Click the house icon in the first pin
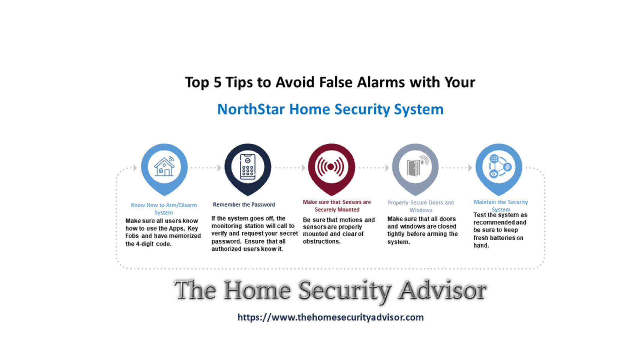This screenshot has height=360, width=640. tap(164, 166)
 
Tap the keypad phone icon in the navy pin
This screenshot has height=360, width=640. tap(248, 167)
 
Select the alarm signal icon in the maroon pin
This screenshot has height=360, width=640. tap(331, 167)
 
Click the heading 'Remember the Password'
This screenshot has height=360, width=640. tap(244, 205)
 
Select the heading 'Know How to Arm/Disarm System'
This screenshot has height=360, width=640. tap(164, 209)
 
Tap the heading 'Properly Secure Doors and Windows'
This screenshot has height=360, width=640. tap(421, 206)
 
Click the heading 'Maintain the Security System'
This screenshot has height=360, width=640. tap(501, 205)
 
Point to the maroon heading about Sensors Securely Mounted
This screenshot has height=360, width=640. tap(337, 206)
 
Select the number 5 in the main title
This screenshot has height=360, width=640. tap(217, 82)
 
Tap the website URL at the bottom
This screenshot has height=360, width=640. tap(331, 317)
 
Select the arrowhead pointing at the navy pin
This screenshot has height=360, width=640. tap(219, 168)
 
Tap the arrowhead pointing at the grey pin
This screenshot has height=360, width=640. tap(387, 168)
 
